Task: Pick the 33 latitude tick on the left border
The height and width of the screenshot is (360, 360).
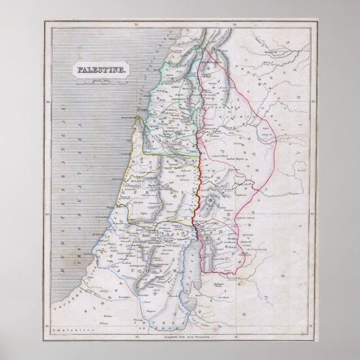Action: click(49, 101)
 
